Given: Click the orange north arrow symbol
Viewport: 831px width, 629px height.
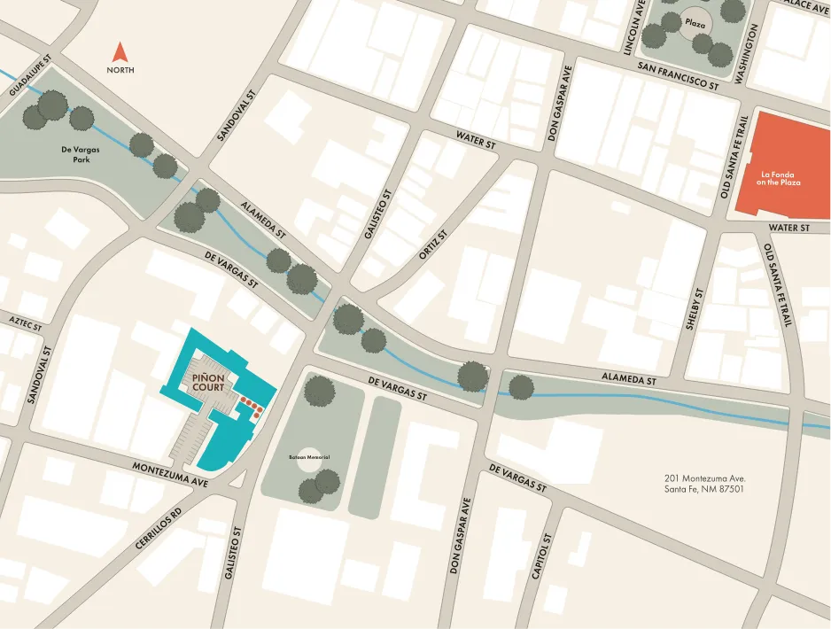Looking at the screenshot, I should [x=120, y=51].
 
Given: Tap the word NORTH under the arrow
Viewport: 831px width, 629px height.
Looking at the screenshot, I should [x=120, y=70].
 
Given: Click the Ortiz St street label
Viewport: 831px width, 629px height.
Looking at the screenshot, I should [x=433, y=242].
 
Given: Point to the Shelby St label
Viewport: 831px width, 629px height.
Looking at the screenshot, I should [x=694, y=309].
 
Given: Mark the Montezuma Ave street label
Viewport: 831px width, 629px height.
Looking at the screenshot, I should [x=170, y=475].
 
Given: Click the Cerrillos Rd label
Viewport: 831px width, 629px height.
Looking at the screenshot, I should [x=159, y=530].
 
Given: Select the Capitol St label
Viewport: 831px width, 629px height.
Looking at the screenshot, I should [x=541, y=556].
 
